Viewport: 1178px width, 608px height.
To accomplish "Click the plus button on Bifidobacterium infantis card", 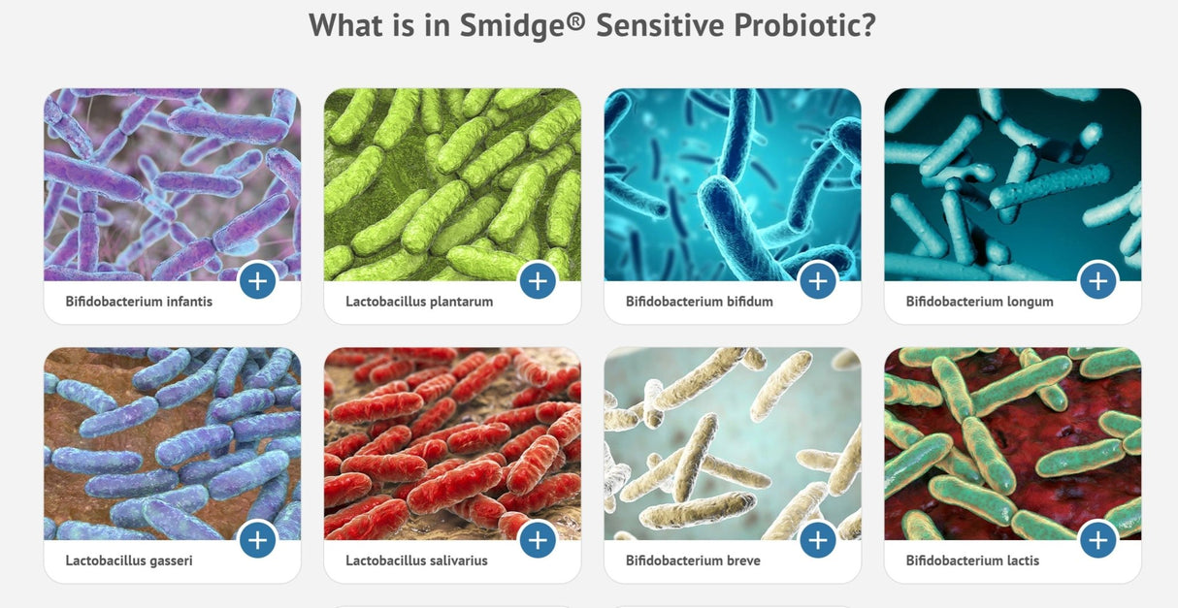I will tap(257, 281).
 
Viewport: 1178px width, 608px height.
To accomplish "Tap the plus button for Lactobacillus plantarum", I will tap(538, 281).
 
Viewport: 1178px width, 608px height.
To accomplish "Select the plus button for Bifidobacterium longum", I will tap(1097, 281).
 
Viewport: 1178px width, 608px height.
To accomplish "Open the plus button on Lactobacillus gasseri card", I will tap(257, 540).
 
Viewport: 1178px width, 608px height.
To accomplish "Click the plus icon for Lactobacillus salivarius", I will tap(538, 540).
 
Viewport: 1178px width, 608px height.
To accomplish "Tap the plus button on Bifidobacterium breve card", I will tap(817, 540).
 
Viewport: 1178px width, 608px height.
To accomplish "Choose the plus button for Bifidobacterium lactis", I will tap(1097, 540).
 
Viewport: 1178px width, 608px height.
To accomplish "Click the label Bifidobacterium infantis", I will tap(139, 302).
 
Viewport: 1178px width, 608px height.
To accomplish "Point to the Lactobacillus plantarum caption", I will tap(419, 302).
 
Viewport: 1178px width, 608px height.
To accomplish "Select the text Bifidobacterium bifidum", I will tap(699, 302).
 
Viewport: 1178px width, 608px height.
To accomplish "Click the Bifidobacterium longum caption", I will tap(979, 302).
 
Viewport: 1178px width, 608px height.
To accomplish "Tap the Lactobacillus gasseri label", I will tap(129, 560).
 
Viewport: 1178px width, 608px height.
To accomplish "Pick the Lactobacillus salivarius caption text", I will tap(416, 560).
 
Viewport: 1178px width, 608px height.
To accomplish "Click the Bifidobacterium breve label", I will tap(693, 560).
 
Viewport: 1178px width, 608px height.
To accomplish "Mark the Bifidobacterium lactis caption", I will tap(972, 560).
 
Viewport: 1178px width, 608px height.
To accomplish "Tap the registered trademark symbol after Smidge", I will tap(576, 19).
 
